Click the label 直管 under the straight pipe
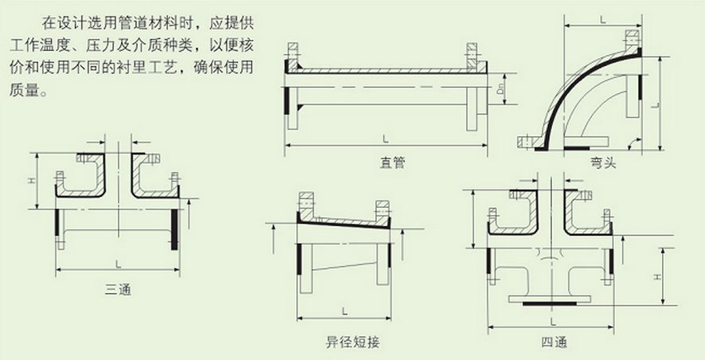click(393, 162)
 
